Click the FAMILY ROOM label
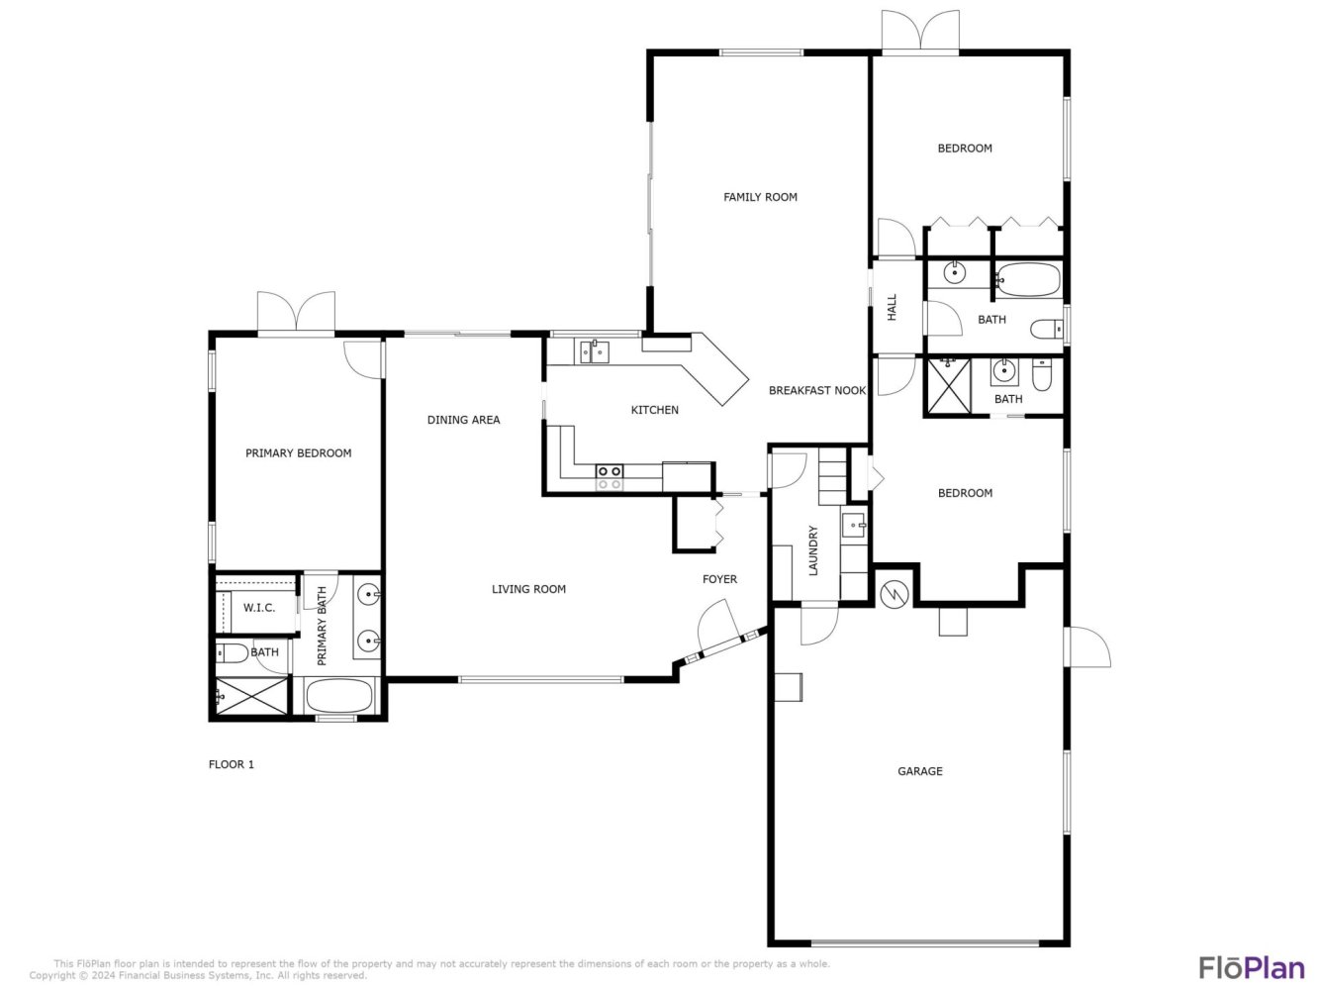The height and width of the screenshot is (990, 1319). coord(760,197)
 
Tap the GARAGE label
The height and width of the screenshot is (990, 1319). coord(919,770)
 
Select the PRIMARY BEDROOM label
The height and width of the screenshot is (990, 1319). coord(298,452)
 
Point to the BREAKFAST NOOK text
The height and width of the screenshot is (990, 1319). coord(816,390)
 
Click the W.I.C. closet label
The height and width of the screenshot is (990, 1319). coord(259,607)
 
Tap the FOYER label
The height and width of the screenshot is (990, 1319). coord(719,579)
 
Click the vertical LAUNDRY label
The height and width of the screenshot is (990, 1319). coord(813,550)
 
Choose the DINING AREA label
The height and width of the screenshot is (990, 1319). coord(463,420)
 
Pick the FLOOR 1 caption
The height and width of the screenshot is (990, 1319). coord(232,764)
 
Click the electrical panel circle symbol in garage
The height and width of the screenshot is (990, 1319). coord(895,594)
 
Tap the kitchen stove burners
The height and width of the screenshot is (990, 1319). coord(609,477)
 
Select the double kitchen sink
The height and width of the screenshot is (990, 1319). coord(594,351)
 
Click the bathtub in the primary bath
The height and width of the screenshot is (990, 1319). coord(338,695)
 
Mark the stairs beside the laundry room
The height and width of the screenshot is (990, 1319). coord(832,476)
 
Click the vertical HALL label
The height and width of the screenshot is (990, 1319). coord(892,307)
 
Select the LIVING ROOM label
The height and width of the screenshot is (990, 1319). coord(528,589)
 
